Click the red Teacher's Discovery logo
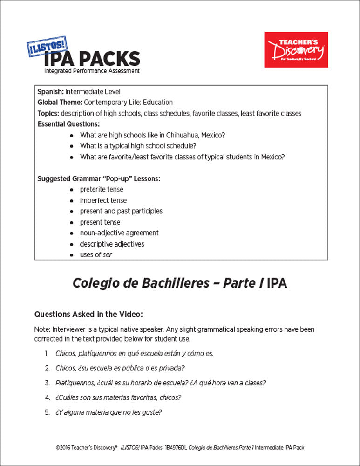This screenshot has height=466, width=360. tap(296, 49)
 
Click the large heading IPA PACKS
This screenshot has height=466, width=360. tap(92, 59)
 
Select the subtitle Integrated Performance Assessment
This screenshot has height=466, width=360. tap(92, 71)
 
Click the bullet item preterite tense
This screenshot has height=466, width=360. tap(102, 190)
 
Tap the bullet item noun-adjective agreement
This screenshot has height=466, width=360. tap(119, 233)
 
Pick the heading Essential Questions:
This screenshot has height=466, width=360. tap(68, 124)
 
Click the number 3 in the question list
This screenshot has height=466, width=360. tap(47, 383)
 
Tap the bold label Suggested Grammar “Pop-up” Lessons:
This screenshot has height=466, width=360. tap(99, 178)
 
